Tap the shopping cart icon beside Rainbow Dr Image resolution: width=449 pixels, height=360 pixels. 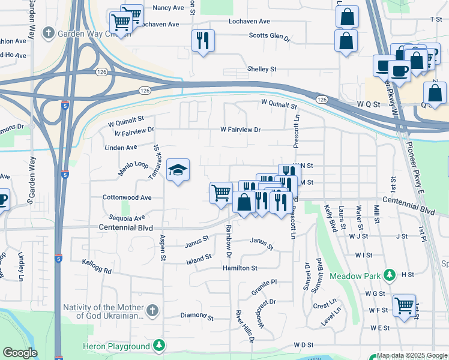(221, 193)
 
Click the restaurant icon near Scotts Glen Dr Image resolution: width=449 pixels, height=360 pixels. (202, 41)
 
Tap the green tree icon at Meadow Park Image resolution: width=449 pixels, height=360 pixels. (390, 275)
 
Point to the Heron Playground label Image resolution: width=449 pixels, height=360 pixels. (119, 346)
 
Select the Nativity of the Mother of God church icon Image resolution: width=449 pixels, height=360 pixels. (152, 310)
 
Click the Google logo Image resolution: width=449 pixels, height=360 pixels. (20, 353)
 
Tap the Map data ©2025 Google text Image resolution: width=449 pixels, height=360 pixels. (412, 356)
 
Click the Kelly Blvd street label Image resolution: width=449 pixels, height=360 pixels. (329, 219)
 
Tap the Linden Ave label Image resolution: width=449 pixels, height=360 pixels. (121, 147)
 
